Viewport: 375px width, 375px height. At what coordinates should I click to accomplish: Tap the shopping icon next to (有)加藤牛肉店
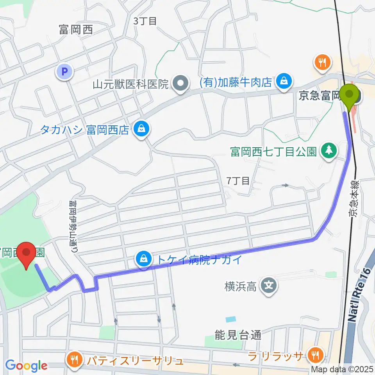click(x=282, y=81)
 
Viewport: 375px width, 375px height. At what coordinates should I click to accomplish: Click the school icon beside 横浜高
click(x=269, y=287)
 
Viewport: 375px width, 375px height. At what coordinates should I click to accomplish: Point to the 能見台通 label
click(x=237, y=335)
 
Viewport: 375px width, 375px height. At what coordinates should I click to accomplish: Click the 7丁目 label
click(x=238, y=180)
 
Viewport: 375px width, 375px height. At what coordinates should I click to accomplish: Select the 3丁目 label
click(x=145, y=21)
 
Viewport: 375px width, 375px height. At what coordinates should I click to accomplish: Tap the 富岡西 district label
click(x=76, y=30)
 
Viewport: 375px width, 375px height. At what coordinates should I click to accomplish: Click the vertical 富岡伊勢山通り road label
click(x=73, y=226)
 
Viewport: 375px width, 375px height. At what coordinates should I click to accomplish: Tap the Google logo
click(x=26, y=366)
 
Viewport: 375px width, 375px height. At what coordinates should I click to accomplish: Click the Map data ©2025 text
click(x=342, y=368)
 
